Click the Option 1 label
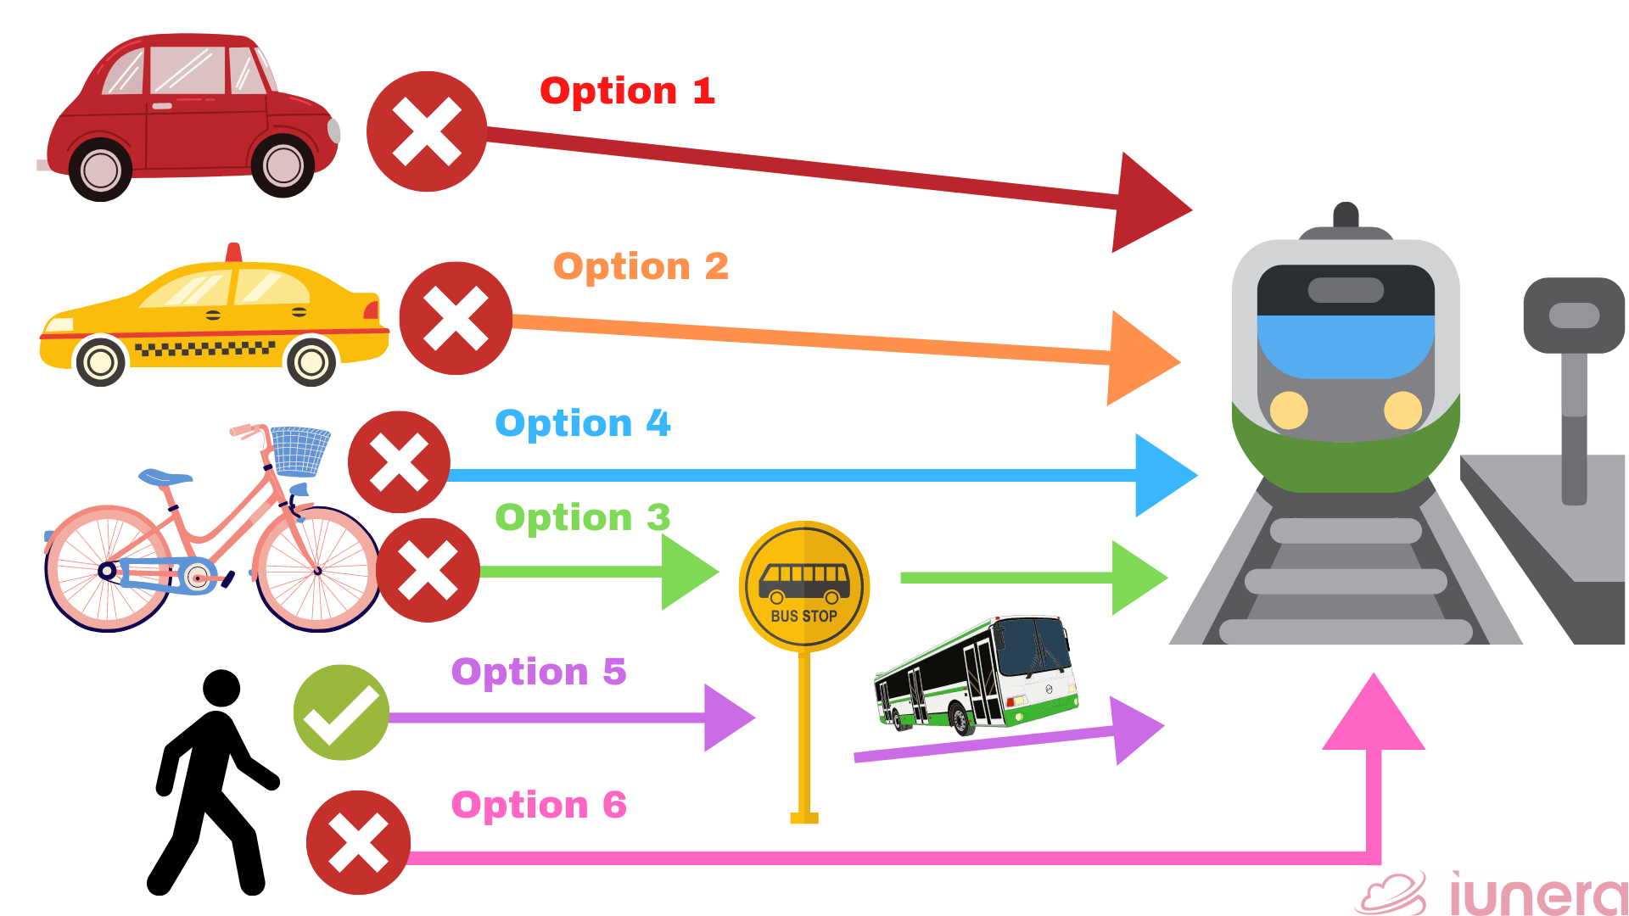[x=627, y=91]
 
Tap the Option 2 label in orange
[x=641, y=266]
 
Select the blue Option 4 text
[x=582, y=423]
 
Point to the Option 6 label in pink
[x=539, y=805]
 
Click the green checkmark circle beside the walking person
[x=341, y=712]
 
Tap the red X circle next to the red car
[x=427, y=131]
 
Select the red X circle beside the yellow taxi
[x=456, y=318]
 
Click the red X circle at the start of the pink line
[x=358, y=842]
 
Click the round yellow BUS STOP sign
[x=804, y=586]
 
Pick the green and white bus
[x=976, y=674]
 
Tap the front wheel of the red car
[x=283, y=165]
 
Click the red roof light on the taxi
[x=234, y=252]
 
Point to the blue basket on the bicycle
[x=299, y=450]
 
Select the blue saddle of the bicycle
[x=165, y=478]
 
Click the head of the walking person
[x=222, y=688]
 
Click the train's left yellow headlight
[x=1289, y=411]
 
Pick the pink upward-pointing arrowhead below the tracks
[x=1374, y=717]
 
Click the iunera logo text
[x=1536, y=895]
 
